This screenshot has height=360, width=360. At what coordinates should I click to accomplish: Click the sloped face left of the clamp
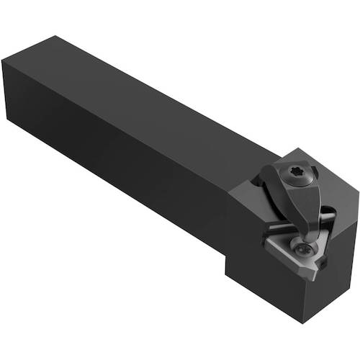pyautogui.click(x=248, y=194)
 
